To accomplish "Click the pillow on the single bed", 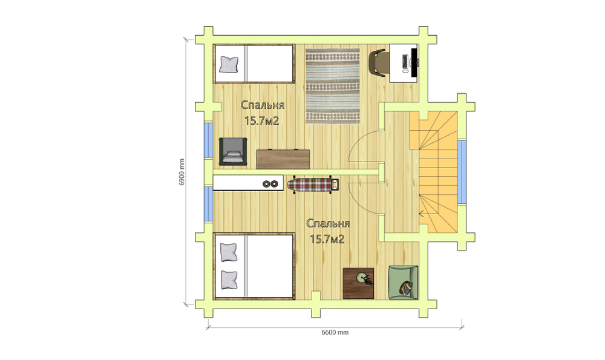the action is pyautogui.click(x=229, y=65).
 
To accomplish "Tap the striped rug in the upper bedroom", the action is pyautogui.click(x=333, y=85).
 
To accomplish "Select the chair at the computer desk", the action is pyautogui.click(x=376, y=64).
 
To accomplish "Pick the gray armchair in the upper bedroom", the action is pyautogui.click(x=233, y=152).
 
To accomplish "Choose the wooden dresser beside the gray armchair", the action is pyautogui.click(x=283, y=159).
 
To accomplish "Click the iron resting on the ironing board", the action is pyautogui.click(x=335, y=185).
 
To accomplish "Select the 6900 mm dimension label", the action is pyautogui.click(x=181, y=172).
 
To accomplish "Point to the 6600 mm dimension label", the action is pyautogui.click(x=335, y=332).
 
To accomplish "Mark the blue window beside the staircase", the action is pyautogui.click(x=462, y=172).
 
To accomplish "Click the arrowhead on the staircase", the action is pyautogui.click(x=421, y=213).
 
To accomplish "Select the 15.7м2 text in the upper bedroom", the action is pyautogui.click(x=262, y=121).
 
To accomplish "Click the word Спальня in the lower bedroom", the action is pyautogui.click(x=328, y=223).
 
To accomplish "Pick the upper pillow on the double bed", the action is pyautogui.click(x=229, y=252).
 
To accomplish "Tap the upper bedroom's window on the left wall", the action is pyautogui.click(x=208, y=140).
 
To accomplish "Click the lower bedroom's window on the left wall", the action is pyautogui.click(x=208, y=204).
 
